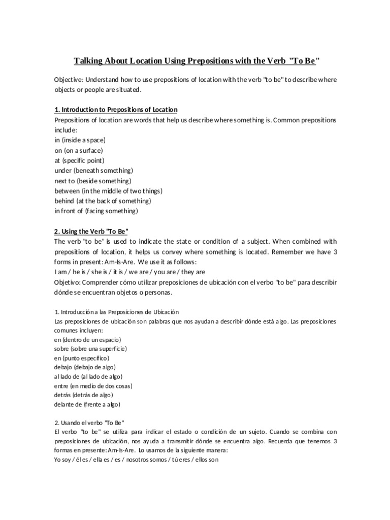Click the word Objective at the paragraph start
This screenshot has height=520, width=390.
click(68, 80)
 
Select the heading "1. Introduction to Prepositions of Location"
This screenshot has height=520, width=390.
click(116, 110)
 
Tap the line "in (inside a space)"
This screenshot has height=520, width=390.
click(80, 140)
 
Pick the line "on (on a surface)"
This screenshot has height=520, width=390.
click(79, 150)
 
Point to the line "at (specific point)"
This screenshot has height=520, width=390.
click(79, 160)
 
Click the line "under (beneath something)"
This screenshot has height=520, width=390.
click(93, 170)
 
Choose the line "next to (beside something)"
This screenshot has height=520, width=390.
click(93, 180)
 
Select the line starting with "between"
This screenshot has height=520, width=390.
click(108, 190)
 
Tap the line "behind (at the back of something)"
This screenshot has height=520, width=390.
click(103, 201)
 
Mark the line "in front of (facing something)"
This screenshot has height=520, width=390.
click(96, 211)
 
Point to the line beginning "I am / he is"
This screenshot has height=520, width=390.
click(129, 272)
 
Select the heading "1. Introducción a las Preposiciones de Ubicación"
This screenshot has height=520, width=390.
click(116, 311)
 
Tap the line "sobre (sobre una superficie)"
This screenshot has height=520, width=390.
click(90, 349)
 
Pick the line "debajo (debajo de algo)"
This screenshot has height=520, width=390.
click(85, 367)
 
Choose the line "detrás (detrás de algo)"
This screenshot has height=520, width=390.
click(83, 395)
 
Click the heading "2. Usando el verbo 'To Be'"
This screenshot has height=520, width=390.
click(89, 422)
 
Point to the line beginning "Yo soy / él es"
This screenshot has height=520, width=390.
click(136, 460)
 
